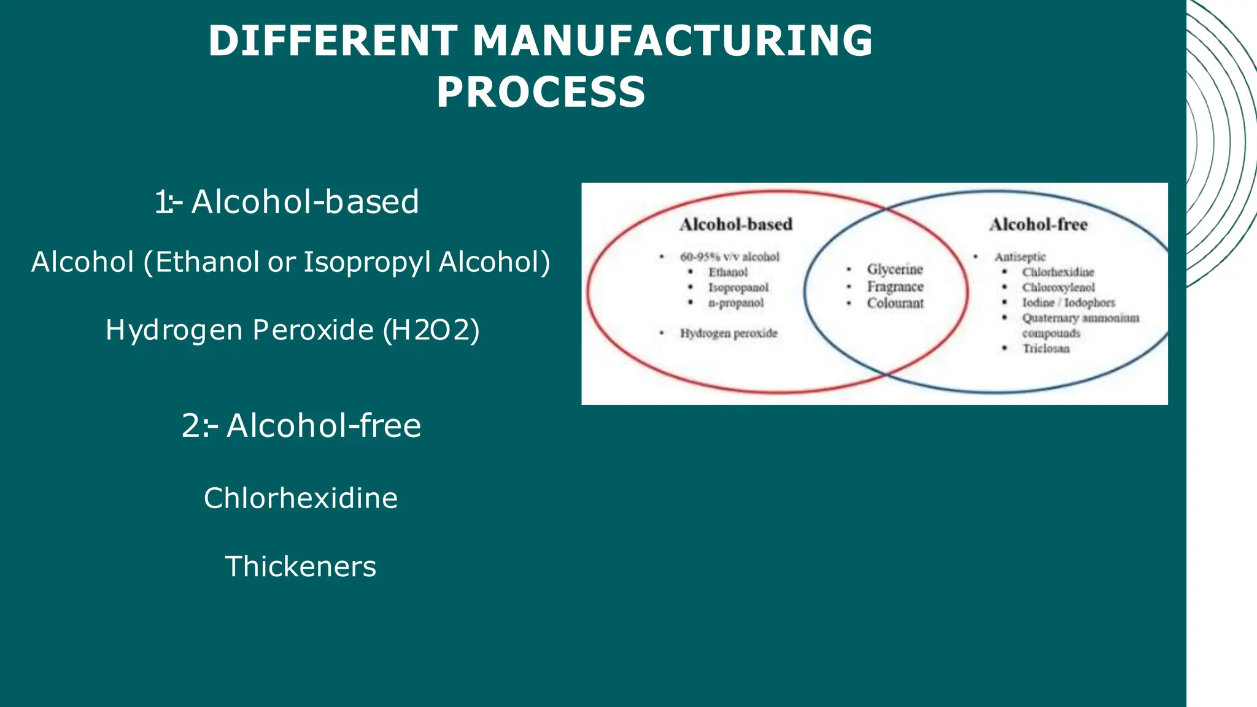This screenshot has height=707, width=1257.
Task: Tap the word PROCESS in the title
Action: click(x=541, y=93)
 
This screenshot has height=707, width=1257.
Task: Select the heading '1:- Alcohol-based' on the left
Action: click(x=287, y=201)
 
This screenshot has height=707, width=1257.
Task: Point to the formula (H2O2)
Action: click(x=431, y=330)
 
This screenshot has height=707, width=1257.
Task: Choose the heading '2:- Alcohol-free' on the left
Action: click(x=301, y=425)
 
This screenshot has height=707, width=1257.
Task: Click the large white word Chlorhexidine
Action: click(x=301, y=498)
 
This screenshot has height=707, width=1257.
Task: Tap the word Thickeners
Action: click(x=301, y=566)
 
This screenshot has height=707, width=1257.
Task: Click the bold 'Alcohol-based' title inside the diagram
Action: click(x=736, y=225)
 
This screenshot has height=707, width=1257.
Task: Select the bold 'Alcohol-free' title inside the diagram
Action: click(x=1038, y=225)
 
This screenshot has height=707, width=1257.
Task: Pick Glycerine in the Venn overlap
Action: click(x=895, y=269)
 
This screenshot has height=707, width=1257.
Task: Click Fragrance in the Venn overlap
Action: click(x=895, y=287)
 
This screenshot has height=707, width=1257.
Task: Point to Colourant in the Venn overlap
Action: click(x=895, y=303)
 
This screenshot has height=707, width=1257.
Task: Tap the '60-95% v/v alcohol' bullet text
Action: click(x=729, y=257)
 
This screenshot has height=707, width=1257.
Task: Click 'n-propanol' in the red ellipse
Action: click(x=736, y=303)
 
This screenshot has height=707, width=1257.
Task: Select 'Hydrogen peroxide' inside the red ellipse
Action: click(x=729, y=333)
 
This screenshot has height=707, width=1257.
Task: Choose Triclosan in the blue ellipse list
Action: click(x=1046, y=349)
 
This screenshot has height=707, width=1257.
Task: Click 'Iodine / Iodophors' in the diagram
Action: click(x=1068, y=303)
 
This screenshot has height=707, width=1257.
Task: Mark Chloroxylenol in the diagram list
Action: click(x=1058, y=287)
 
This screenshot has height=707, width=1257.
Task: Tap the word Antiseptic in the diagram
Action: click(x=1020, y=257)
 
